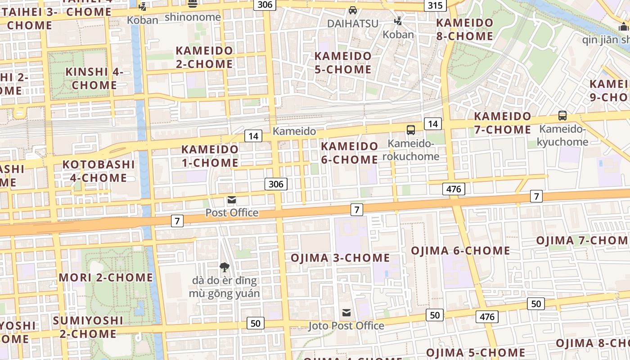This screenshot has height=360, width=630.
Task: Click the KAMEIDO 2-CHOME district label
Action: tap(204, 57)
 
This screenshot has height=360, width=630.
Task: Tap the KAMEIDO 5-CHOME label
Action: tap(343, 63)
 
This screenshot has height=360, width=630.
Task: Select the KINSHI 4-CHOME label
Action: tap(94, 78)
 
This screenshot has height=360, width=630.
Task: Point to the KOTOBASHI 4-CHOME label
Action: tap(99, 171)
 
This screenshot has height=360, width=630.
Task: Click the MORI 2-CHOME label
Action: tap(106, 277)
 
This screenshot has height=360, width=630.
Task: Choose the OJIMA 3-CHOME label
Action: tap(340, 258)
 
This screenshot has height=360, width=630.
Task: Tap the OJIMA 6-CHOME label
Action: tap(461, 251)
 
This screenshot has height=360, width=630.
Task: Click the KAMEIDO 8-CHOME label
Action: tap(465, 29)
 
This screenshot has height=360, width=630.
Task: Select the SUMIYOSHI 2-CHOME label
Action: tap(88, 327)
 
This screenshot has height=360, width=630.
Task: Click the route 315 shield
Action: tap(435, 5)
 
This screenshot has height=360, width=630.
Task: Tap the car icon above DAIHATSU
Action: tap(353, 10)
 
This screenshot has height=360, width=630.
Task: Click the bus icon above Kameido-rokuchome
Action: tap(411, 130)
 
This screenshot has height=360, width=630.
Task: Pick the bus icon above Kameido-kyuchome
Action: tap(562, 116)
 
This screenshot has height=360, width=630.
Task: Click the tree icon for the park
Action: tap(225, 268)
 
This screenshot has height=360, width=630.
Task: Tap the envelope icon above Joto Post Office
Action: tap(346, 312)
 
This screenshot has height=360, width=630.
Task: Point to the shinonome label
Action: tap(193, 17)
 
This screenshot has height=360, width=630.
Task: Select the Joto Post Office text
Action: tap(346, 325)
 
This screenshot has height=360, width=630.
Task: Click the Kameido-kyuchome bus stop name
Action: tap(563, 136)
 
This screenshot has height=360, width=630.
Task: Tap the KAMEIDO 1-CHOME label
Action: tap(210, 156)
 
